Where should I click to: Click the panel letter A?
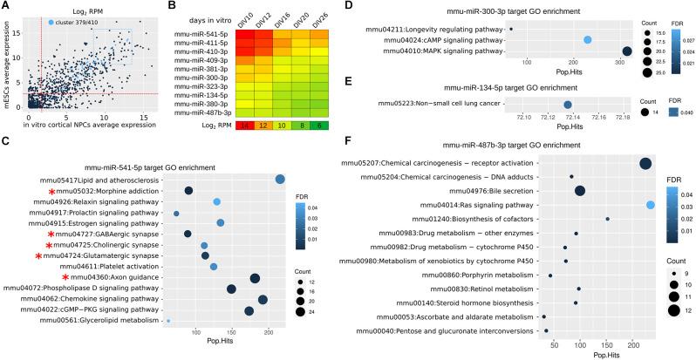click(x=5, y=7)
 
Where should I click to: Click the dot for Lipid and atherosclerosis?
click(x=280, y=179)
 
